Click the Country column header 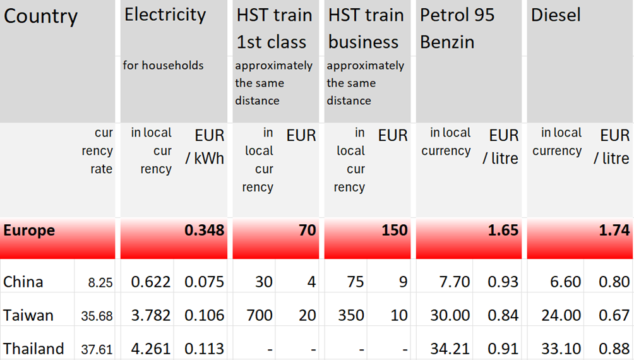coord(40,16)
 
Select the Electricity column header coord(165,15)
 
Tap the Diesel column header coord(556,15)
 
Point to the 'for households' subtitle coord(163,65)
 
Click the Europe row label coord(29,231)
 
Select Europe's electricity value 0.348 coord(204,231)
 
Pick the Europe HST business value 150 coord(395,231)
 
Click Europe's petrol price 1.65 coord(503,231)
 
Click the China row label coord(23,282)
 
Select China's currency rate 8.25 coord(100,283)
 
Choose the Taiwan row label coord(28,315)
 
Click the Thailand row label coord(33,349)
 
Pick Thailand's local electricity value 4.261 coord(151,349)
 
